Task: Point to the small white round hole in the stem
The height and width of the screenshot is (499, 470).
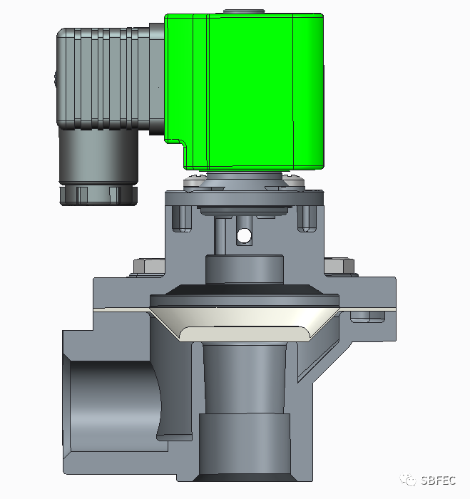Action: click(245, 235)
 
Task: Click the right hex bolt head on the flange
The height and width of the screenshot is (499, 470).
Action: click(339, 267)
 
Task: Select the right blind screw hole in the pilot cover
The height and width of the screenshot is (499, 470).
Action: click(307, 219)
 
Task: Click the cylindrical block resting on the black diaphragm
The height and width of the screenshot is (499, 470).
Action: click(245, 269)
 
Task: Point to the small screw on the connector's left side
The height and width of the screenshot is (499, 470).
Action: click(56, 80)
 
